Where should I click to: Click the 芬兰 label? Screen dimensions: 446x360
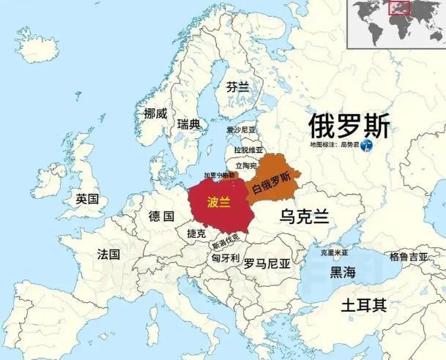click(x=237, y=86)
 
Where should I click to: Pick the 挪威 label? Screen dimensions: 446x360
click(x=155, y=113)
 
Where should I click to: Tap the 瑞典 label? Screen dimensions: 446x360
click(x=188, y=124)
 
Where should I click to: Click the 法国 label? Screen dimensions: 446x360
click(x=108, y=254)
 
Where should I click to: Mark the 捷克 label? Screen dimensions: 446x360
click(x=196, y=233)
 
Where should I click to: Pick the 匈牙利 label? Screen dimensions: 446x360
click(x=225, y=258)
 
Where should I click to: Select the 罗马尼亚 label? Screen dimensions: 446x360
click(x=267, y=262)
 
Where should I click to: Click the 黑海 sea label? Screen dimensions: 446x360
click(x=343, y=272)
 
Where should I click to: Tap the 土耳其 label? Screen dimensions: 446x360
click(x=364, y=305)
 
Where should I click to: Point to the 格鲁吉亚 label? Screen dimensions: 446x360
click(x=409, y=256)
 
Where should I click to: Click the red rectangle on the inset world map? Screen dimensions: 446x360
click(x=398, y=9)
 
